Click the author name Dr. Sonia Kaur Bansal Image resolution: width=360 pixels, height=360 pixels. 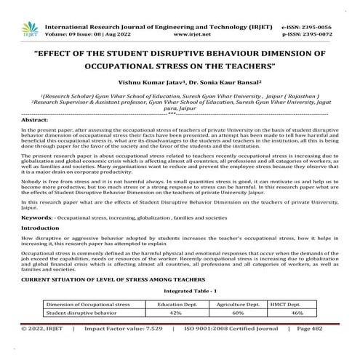217,83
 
